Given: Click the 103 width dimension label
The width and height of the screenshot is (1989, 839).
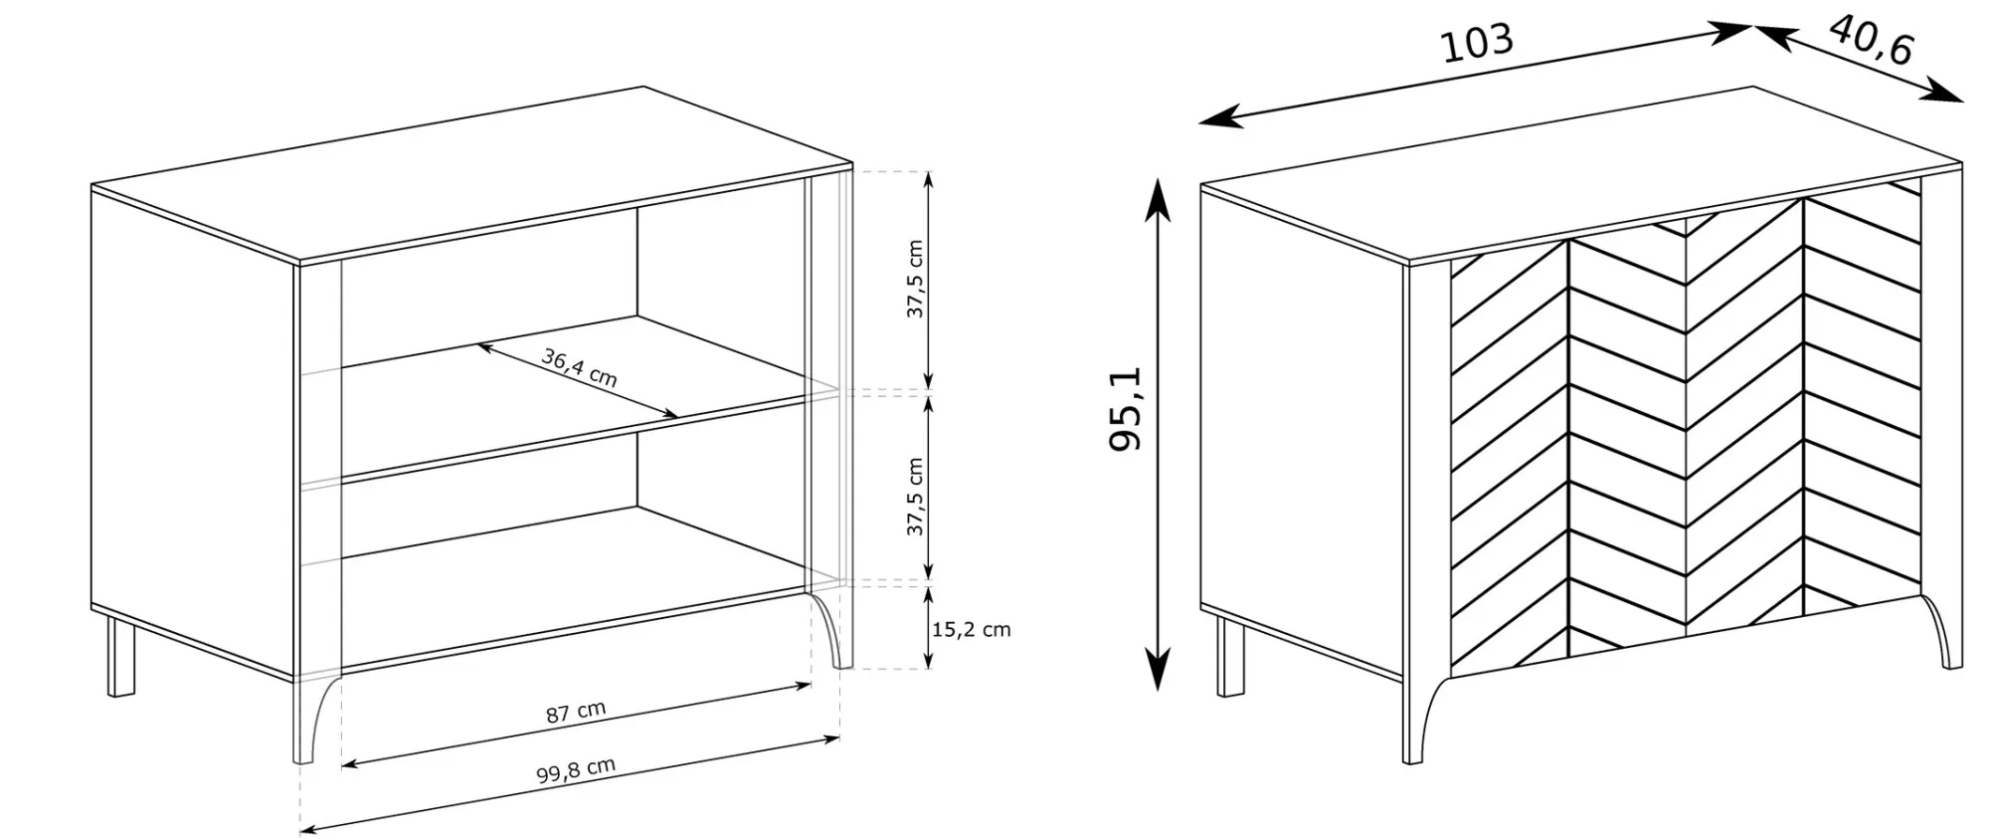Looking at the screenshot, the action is click(1477, 43).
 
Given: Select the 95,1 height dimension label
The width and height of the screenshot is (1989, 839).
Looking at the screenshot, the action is click(1127, 409).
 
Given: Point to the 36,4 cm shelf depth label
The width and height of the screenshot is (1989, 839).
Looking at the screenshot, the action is click(580, 367).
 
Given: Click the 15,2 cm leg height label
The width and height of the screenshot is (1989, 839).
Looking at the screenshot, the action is click(971, 629).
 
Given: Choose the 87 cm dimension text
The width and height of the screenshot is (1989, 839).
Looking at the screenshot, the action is click(576, 712).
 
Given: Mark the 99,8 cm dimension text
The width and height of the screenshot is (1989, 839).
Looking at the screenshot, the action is click(576, 769).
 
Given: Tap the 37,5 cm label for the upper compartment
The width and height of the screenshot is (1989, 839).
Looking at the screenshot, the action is click(915, 279).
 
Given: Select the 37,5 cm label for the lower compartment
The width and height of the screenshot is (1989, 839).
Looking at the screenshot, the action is click(915, 497).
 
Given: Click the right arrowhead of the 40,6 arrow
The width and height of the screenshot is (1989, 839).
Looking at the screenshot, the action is click(1943, 93).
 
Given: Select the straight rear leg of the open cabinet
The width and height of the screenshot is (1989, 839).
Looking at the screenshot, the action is click(121, 657).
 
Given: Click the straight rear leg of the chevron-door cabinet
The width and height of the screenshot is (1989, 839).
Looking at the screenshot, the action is click(1230, 656).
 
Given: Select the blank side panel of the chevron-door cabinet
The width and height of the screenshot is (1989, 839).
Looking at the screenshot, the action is click(1303, 433).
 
